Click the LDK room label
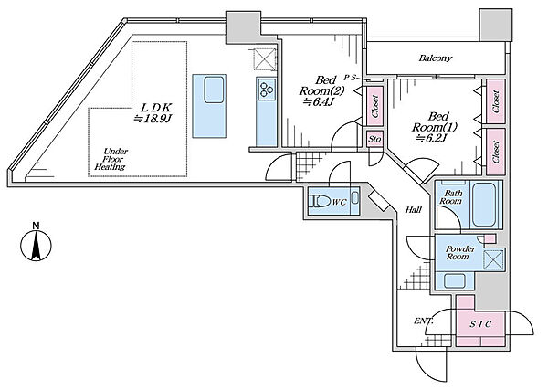[153, 112]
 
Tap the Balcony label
[435, 58]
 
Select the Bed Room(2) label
[321, 85]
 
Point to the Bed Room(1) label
[435, 121]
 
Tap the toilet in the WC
[321, 202]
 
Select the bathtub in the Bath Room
[483, 205]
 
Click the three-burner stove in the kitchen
[267, 89]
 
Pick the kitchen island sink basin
[214, 90]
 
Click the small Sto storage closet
[374, 139]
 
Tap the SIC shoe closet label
[480, 324]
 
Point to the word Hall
[414, 210]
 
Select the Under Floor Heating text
[111, 159]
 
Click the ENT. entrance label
[424, 321]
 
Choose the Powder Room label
[460, 253]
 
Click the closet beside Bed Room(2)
[374, 106]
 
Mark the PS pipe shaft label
[349, 78]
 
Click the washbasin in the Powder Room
[454, 280]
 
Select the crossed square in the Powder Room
[493, 260]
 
